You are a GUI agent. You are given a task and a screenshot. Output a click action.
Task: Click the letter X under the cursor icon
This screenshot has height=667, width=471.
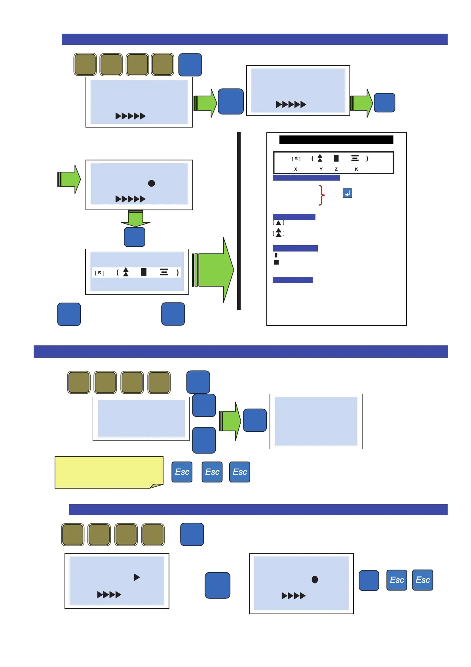pos(296,169)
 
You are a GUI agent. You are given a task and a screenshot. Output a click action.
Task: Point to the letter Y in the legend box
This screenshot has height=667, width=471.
pos(321,169)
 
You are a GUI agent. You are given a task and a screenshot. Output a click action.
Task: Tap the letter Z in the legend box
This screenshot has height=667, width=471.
pos(336,169)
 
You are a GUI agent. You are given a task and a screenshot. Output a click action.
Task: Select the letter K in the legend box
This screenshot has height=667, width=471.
pos(356,169)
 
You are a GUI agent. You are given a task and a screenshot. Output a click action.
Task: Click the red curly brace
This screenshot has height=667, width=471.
pos(322,195)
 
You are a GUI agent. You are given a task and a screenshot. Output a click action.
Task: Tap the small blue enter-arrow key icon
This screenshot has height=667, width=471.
pos(347,193)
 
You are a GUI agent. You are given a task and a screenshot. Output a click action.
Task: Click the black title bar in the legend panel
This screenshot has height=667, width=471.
pos(336,139)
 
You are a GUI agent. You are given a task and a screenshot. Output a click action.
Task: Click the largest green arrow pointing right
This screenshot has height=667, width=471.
pos(214,270)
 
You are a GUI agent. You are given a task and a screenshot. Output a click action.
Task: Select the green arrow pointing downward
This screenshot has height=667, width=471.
pos(136,218)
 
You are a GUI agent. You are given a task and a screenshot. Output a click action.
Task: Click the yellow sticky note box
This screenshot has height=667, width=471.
pos(109,472)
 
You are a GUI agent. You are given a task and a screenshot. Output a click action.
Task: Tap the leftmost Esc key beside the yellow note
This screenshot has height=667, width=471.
pos(182,472)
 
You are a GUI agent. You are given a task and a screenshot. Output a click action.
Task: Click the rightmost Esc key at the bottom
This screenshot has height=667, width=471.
pos(422,580)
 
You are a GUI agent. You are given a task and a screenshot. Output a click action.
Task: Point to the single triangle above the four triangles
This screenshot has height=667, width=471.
pos(137,577)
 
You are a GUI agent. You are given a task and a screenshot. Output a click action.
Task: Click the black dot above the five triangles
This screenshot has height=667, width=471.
pos(151,183)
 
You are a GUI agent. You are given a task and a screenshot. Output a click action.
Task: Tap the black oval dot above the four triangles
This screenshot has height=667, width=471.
pos(315,579)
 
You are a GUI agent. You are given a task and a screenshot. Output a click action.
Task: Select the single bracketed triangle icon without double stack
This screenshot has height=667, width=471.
pos(279,223)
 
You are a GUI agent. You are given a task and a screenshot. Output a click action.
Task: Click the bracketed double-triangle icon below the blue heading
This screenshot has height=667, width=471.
pos(279,233)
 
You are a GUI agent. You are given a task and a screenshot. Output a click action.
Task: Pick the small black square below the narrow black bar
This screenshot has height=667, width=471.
pos(276,262)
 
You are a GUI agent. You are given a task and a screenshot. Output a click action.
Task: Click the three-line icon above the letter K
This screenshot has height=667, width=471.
pos(355,158)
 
